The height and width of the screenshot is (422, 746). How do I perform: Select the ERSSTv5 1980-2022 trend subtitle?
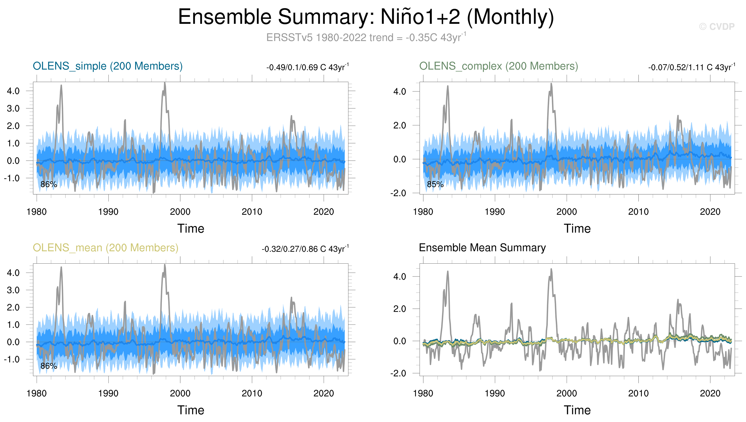tap(366, 37)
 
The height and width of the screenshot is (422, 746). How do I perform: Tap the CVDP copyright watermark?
tap(717, 27)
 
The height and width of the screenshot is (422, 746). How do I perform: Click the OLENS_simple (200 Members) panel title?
tap(108, 66)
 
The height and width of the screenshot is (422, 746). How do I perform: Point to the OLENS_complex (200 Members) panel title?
tap(499, 66)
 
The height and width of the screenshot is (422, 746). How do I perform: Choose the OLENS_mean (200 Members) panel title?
tap(106, 248)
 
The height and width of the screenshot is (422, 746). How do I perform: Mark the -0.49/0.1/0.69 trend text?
tap(307, 67)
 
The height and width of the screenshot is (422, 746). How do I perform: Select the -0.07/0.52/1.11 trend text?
tap(692, 67)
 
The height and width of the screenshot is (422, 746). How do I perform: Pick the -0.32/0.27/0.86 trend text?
tap(305, 249)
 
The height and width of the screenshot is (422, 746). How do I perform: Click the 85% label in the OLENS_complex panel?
tap(435, 184)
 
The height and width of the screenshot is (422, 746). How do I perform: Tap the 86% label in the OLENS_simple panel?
tap(49, 184)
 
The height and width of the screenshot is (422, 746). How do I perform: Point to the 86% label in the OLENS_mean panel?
tap(49, 366)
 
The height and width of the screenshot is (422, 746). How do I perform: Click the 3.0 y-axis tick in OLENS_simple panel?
tap(13, 108)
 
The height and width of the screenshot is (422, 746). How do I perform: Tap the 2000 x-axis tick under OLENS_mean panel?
tap(180, 393)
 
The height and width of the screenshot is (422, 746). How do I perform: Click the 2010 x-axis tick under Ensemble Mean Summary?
tap(638, 393)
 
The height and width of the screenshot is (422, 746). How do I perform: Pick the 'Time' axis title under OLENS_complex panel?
tap(577, 229)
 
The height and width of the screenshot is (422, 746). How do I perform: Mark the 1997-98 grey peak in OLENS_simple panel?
tap(165, 83)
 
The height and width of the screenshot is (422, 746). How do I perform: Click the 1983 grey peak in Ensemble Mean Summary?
tap(448, 272)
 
